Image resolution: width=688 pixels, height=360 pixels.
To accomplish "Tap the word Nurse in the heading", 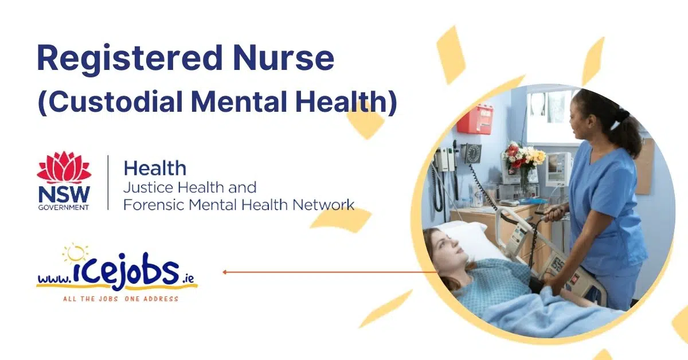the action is (283, 58).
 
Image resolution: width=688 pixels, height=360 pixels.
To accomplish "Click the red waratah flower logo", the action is (64, 167).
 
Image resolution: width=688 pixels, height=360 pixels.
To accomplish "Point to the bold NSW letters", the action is (64, 195).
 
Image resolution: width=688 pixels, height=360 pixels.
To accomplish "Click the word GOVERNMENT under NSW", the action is (64, 208).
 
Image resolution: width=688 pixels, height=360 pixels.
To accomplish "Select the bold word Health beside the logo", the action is (155, 169).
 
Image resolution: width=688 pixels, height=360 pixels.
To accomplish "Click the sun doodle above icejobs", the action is (75, 254).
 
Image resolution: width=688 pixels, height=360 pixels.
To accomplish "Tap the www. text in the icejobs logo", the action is (54, 279).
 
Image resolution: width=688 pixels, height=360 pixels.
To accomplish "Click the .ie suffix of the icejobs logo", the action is (188, 278).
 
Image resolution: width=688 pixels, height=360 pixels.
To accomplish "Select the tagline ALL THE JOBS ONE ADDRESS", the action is (121, 299).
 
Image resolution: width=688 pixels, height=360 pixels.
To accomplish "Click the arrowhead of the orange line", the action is (225, 272).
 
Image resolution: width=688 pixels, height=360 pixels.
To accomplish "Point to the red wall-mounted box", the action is (475, 119).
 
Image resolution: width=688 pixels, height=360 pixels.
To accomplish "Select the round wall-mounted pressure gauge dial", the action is (472, 153).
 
